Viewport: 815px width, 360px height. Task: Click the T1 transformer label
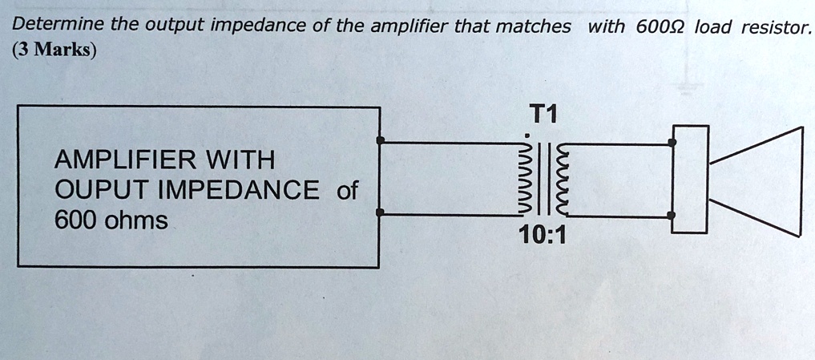(x=543, y=115)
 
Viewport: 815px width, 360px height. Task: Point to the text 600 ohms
(x=110, y=220)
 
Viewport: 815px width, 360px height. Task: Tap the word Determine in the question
(x=57, y=26)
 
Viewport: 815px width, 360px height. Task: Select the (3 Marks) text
(x=54, y=51)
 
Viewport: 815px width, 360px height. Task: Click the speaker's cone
(x=756, y=180)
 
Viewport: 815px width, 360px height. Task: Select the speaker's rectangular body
(x=690, y=180)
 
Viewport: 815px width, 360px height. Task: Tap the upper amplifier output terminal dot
(x=381, y=143)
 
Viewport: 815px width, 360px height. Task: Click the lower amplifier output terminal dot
(x=381, y=212)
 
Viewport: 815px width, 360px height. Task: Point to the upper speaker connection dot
(x=673, y=144)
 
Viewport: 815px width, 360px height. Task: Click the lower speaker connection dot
(x=673, y=216)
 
